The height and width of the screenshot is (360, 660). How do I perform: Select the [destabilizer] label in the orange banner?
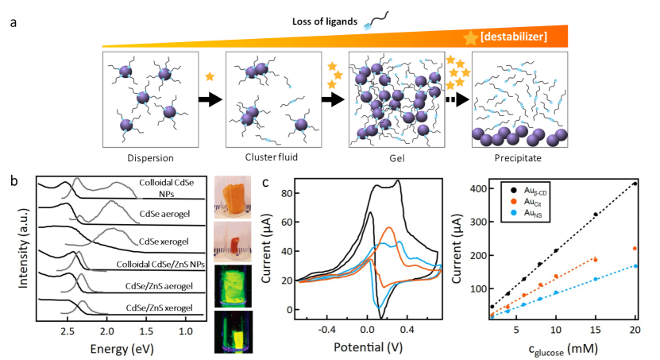(519, 37)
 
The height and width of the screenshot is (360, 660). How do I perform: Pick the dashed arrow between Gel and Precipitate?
(455, 101)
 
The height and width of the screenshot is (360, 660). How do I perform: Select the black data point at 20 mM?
(635, 184)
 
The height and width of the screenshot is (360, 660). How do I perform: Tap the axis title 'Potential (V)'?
(367, 346)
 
